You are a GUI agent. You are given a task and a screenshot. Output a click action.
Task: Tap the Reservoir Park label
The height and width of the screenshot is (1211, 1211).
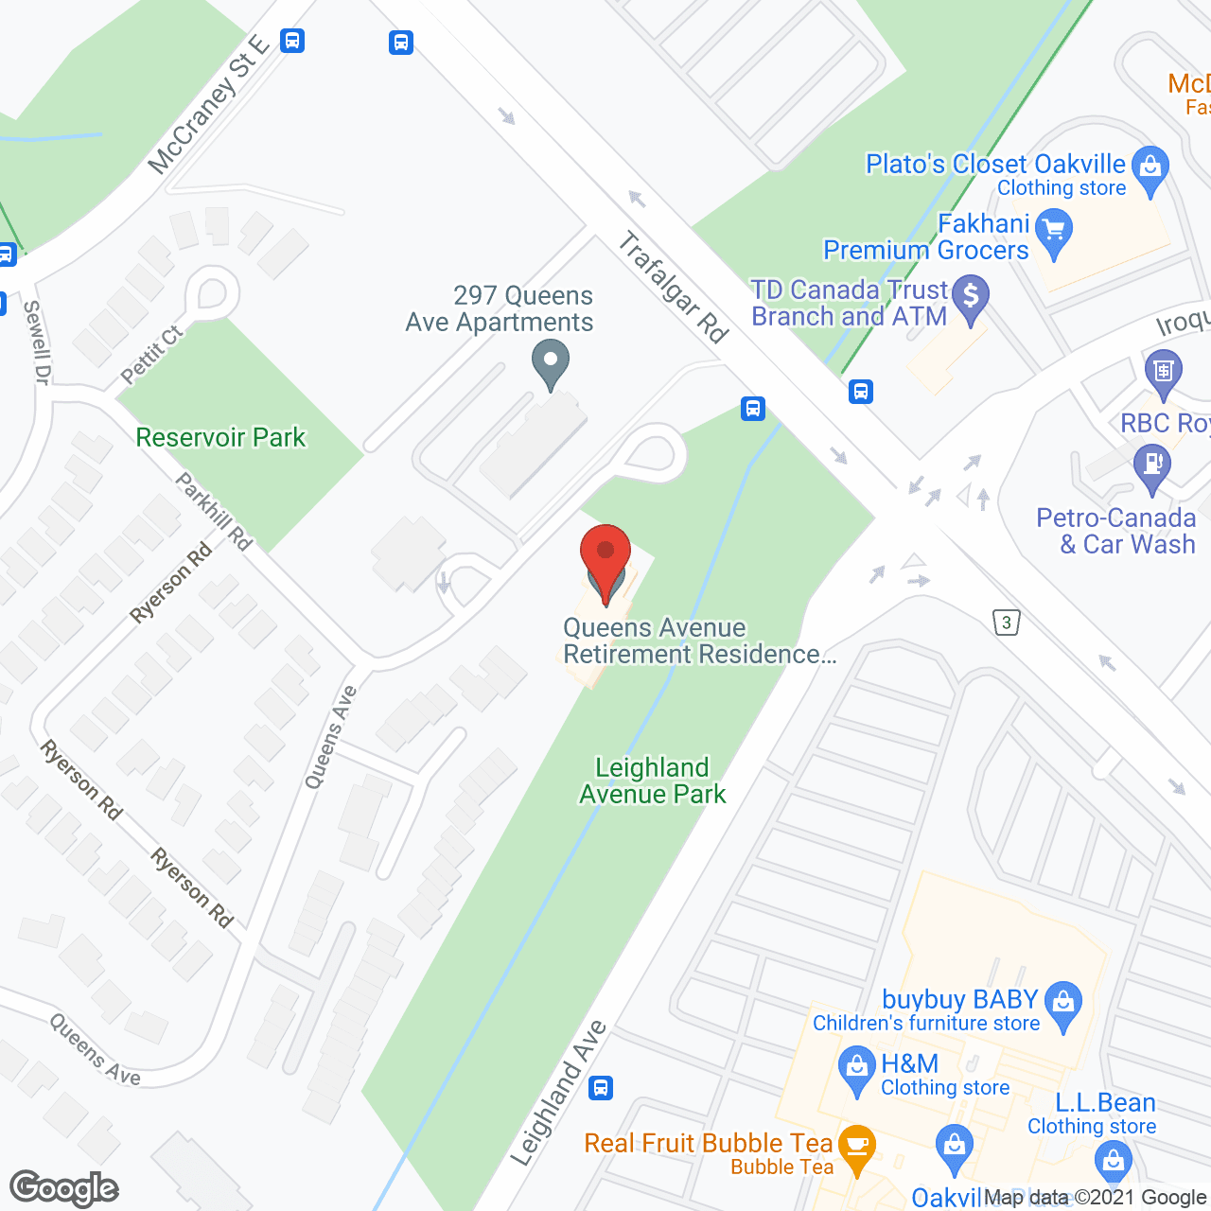coord(220,438)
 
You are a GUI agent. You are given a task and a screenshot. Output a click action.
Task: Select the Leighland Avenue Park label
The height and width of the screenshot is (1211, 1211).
coord(652,781)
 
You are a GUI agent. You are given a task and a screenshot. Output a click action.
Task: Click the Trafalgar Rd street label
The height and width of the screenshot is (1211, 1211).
coord(673,288)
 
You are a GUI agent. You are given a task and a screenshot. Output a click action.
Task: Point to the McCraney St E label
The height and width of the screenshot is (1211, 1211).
coord(209,105)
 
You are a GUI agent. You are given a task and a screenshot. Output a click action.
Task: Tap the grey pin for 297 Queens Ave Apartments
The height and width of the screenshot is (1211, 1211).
coord(550,365)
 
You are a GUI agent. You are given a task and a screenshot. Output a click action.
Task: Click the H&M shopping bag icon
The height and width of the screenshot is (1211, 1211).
coord(857,1069)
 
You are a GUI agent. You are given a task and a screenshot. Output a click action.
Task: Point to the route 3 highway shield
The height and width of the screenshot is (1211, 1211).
coord(1007,623)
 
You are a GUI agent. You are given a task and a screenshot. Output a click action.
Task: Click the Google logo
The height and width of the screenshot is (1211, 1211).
coord(64,1188)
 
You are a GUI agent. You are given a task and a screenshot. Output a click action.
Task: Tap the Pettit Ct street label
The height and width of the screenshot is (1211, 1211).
coord(151,356)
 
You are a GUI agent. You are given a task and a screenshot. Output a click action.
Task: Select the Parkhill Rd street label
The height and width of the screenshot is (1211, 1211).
coord(215,512)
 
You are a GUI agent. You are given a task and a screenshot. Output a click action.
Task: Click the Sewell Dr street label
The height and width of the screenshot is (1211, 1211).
coord(36,342)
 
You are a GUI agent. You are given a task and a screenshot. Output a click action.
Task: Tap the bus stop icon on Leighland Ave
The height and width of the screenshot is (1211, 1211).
coord(601,1088)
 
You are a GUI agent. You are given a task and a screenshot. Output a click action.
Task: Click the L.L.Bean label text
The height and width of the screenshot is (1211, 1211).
coord(1105,1103)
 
